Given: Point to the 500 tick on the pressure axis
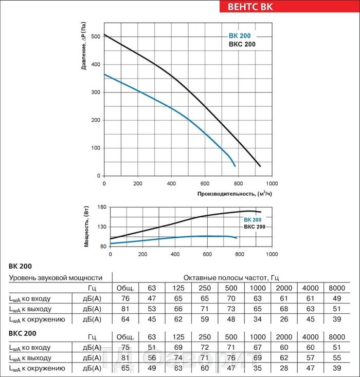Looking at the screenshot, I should [96, 37].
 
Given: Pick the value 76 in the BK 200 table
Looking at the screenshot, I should [125, 298].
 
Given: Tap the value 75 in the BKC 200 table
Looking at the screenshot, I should [125, 347].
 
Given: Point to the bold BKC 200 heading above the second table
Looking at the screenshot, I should [23, 334].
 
